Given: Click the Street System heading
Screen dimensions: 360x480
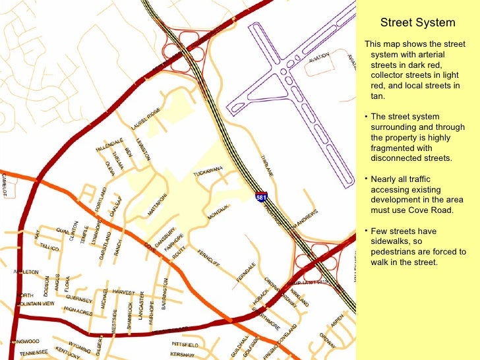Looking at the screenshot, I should click(418, 23).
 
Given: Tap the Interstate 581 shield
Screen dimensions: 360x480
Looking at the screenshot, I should click(262, 196).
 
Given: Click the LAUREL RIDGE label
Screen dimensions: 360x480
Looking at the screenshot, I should click(146, 119).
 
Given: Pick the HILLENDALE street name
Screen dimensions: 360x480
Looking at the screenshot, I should click(109, 145).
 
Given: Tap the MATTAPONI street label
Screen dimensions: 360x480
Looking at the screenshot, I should click(158, 204).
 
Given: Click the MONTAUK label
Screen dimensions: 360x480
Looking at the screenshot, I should click(218, 212).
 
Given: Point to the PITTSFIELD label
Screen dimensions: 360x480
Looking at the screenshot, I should click(185, 345).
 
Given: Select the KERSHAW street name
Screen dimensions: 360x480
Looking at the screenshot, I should click(182, 355).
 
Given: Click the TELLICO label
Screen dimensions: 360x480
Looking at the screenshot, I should click(49, 246).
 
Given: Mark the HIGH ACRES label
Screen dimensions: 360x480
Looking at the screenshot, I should click(78, 310).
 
